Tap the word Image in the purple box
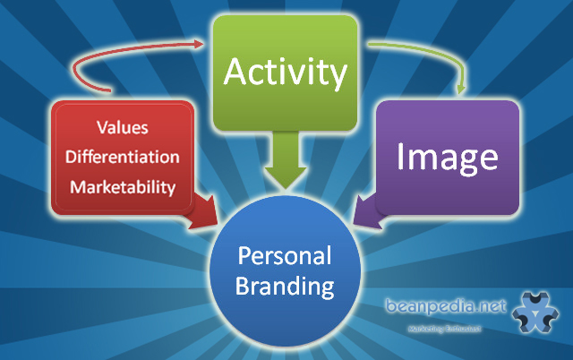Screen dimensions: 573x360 [x=447, y=158]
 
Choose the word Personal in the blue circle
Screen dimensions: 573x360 [x=286, y=258]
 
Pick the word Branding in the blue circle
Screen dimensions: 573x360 [x=286, y=288]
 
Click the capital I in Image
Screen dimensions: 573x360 [x=403, y=157]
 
